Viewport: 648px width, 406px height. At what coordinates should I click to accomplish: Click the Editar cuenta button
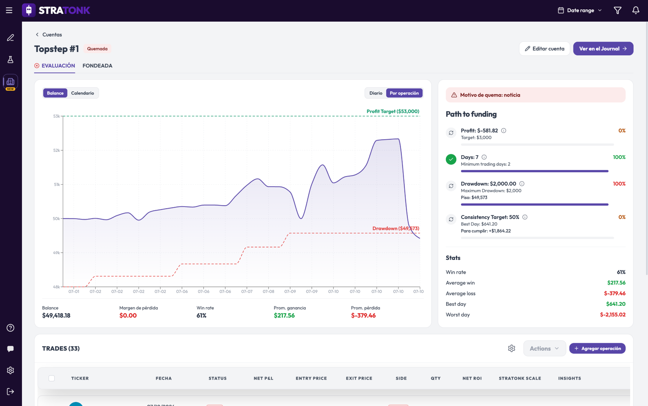[544, 49]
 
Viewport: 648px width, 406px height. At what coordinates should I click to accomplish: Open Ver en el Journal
[603, 49]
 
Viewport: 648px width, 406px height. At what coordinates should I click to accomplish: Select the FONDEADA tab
[97, 66]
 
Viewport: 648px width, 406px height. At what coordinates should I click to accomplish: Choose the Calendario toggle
[82, 93]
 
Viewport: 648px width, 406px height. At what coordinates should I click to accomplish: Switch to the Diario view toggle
[376, 93]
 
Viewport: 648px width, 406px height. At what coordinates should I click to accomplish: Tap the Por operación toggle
[404, 93]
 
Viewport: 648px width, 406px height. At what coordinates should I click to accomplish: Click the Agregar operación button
[597, 348]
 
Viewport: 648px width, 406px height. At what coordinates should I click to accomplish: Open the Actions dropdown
[544, 348]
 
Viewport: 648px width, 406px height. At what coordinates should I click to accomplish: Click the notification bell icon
[636, 10]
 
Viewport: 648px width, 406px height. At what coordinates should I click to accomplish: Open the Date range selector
[580, 10]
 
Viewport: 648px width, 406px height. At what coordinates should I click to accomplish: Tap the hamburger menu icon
[9, 10]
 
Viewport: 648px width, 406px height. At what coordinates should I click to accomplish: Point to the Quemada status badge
[97, 49]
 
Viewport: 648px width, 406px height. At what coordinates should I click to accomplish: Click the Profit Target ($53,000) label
[393, 111]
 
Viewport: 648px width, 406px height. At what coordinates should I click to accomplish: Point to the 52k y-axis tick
[57, 150]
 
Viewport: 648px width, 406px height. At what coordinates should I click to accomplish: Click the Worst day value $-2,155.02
[613, 315]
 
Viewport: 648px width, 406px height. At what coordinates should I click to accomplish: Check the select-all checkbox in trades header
[52, 378]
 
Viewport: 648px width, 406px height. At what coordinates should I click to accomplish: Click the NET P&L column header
[264, 378]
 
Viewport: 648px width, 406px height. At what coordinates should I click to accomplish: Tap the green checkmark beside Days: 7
[451, 159]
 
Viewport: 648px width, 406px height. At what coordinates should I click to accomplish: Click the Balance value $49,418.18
[56, 316]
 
